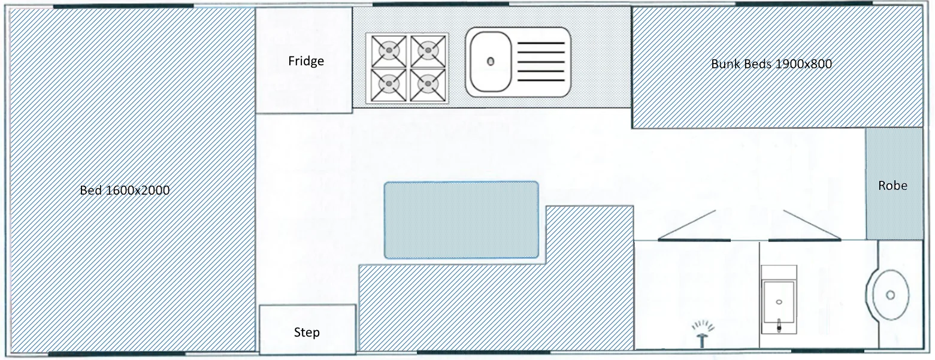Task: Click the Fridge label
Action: pyautogui.click(x=306, y=61)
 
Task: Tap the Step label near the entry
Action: pyautogui.click(x=307, y=332)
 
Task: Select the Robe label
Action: pyautogui.click(x=893, y=186)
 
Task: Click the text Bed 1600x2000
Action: pyautogui.click(x=125, y=190)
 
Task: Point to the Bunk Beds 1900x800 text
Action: pyautogui.click(x=771, y=64)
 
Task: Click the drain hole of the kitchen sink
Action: pyautogui.click(x=491, y=62)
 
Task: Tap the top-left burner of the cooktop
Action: pyautogui.click(x=389, y=51)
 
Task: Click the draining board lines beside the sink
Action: pyautogui.click(x=541, y=61)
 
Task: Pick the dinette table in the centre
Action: pyautogui.click(x=461, y=220)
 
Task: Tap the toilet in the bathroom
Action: pyautogui.click(x=779, y=300)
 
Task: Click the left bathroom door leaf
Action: pyautogui.click(x=694, y=225)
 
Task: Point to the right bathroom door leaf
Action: pyautogui.click(x=804, y=225)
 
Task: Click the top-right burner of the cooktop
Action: pyautogui.click(x=428, y=51)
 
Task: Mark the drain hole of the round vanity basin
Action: pyautogui.click(x=890, y=295)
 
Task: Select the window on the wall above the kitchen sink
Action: pyautogui.click(x=441, y=4)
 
